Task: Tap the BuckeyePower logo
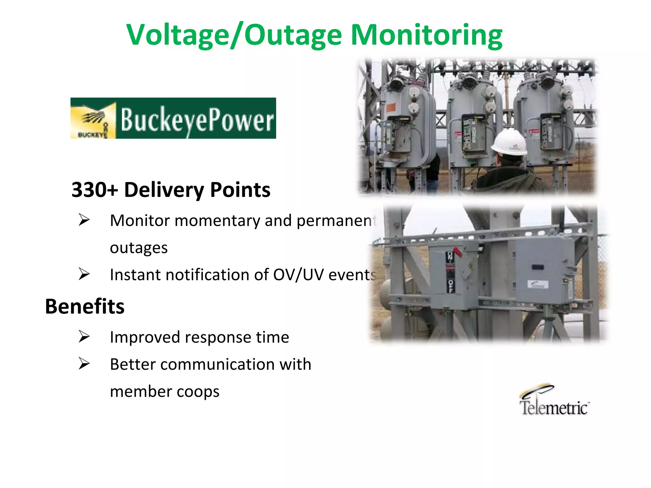click(x=173, y=118)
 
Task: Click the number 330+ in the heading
click(x=95, y=190)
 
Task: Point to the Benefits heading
click(x=85, y=307)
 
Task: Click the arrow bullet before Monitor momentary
click(x=84, y=220)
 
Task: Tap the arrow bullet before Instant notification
click(x=84, y=274)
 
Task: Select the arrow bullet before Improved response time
click(x=84, y=336)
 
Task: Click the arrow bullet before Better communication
click(x=84, y=363)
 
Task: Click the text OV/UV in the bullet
click(x=298, y=275)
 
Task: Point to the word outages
click(x=139, y=248)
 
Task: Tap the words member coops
click(x=165, y=391)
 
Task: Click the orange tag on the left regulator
click(x=391, y=107)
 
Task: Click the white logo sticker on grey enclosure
click(x=538, y=284)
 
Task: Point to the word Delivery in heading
click(x=164, y=190)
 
